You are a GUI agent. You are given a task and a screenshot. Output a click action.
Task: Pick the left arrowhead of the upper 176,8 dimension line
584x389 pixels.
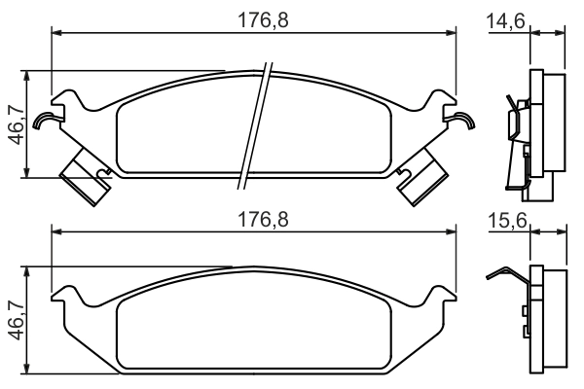56,32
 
